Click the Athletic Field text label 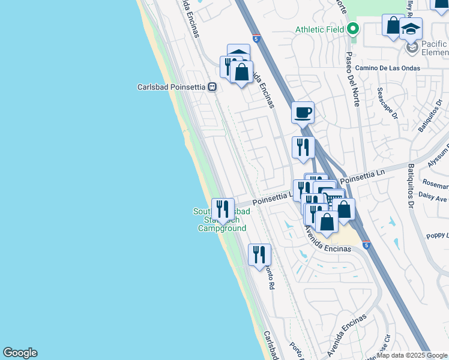point(319,29)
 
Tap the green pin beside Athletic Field point(353,29)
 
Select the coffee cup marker point(303,112)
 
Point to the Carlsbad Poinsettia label point(171,87)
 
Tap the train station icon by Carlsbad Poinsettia point(212,87)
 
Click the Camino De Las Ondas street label point(391,68)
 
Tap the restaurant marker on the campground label point(223,209)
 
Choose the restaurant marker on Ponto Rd point(259,254)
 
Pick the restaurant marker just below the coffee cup point(303,147)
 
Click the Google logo point(20,353)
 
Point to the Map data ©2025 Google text point(412,355)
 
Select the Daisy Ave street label point(435,199)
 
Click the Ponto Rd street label point(268,280)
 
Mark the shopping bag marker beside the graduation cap point(393,26)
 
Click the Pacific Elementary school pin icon point(412,46)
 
